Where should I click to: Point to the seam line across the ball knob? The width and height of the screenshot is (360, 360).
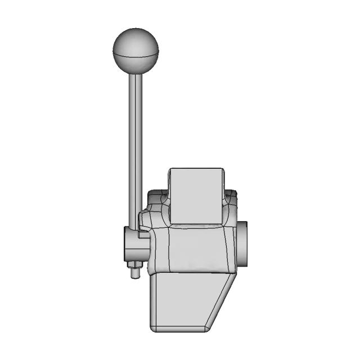pos(136,55)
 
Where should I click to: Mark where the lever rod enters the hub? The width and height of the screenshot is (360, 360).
pos(135,227)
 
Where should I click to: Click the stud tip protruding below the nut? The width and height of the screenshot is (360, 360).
pos(135,275)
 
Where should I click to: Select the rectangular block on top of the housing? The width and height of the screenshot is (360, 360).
pos(196,194)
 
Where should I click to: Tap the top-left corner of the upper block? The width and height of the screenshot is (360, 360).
pos(170,169)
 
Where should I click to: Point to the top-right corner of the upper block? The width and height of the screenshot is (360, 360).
pos(223,169)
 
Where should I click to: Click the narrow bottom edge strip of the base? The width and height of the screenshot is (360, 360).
pos(180,328)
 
